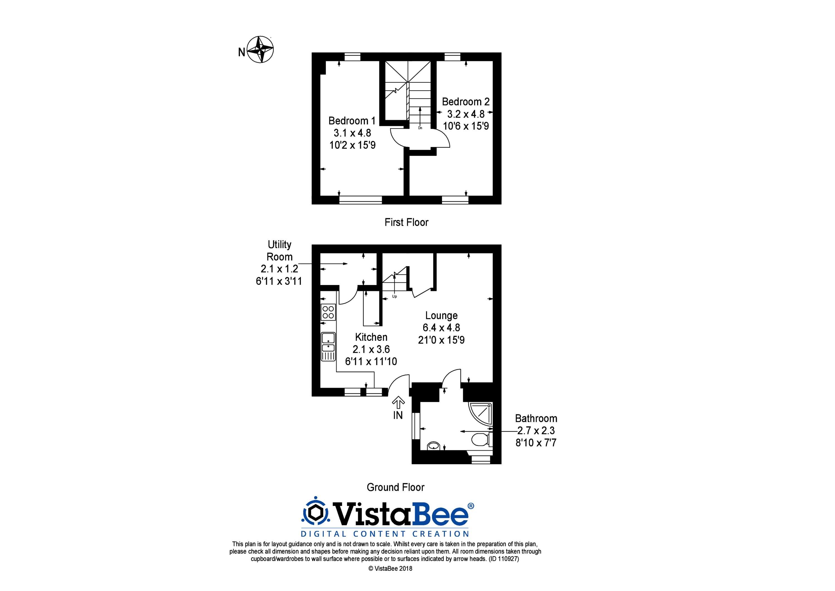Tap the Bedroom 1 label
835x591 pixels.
pyautogui.click(x=352, y=121)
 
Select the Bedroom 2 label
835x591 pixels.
pyautogui.click(x=466, y=102)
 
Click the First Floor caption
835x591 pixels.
pyautogui.click(x=407, y=222)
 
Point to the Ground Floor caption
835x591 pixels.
pyautogui.click(x=396, y=487)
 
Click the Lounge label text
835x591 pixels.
pyautogui.click(x=441, y=315)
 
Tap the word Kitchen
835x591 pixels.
pyautogui.click(x=371, y=337)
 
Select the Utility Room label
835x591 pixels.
pyautogui.click(x=279, y=250)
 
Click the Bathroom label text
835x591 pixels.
pyautogui.click(x=536, y=419)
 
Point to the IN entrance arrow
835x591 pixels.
pyautogui.click(x=398, y=403)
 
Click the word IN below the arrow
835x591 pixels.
pyautogui.click(x=398, y=415)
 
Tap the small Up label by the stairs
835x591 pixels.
pyautogui.click(x=395, y=296)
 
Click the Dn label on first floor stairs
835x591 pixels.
pyautogui.click(x=420, y=128)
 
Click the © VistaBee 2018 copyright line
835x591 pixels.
pyautogui.click(x=390, y=568)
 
